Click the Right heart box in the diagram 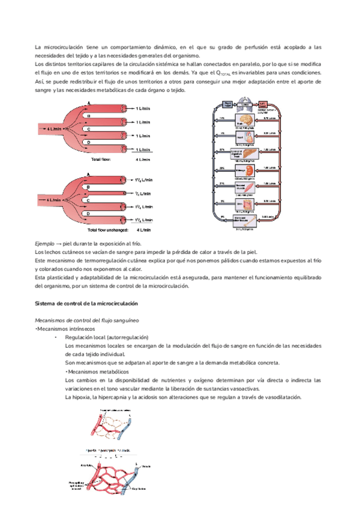[x=228, y=103]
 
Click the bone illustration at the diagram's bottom [x=247, y=221]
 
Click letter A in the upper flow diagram [x=89, y=103]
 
